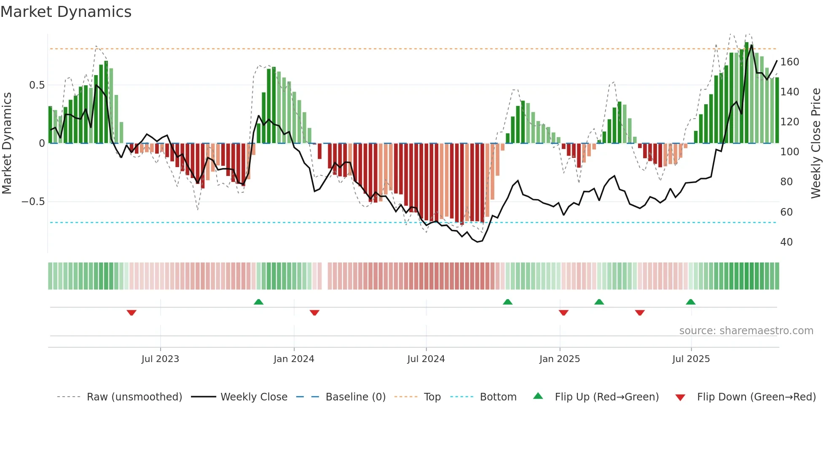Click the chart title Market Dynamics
click(66, 12)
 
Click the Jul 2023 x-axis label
click(160, 359)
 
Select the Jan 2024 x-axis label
click(294, 359)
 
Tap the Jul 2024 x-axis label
click(426, 359)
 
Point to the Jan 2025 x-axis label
click(560, 359)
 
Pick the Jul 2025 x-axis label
click(691, 359)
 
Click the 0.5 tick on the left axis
click(37, 85)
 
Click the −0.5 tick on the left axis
click(33, 202)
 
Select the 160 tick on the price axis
click(789, 62)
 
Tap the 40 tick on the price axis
click(786, 242)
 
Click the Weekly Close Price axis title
click(816, 143)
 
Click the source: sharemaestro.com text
click(746, 331)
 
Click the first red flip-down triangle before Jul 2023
click(131, 313)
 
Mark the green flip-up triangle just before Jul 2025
click(690, 302)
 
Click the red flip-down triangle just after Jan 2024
click(314, 313)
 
